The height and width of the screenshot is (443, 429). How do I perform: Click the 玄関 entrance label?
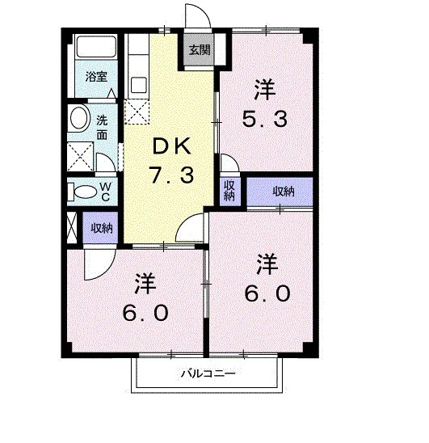(200, 50)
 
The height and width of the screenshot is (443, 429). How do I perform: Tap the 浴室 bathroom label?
(96, 76)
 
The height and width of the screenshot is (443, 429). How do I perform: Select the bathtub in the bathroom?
(96, 46)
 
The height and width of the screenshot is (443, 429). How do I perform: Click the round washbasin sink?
(79, 117)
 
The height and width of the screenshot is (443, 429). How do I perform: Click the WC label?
(105, 192)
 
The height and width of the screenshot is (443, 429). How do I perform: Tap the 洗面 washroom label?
(102, 128)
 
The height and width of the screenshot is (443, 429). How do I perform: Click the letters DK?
(171, 146)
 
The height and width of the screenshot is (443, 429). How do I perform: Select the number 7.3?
(172, 175)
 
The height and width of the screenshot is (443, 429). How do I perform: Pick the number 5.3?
(265, 119)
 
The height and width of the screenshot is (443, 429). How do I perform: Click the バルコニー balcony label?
(208, 373)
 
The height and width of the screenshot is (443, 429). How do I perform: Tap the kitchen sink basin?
(139, 85)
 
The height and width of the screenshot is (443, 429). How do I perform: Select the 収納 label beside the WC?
(102, 228)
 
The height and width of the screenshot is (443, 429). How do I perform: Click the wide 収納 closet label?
(284, 192)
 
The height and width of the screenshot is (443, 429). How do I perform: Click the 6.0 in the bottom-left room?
(145, 313)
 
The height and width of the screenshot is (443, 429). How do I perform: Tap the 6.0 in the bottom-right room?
(267, 293)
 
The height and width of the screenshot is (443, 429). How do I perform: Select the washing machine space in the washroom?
(80, 156)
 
